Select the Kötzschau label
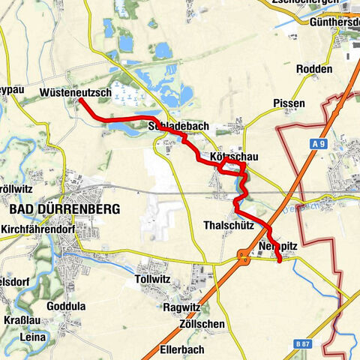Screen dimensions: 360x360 coord(234,157)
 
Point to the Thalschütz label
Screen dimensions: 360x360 coord(225,225)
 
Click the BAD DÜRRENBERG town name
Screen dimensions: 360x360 coord(64,209)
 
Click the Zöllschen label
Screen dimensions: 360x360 coord(202,324)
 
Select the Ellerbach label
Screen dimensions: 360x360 coord(182,349)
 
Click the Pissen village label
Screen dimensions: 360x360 coord(289,102)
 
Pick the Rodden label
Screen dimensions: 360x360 coord(314,69)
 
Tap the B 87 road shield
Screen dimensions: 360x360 coord(300,343)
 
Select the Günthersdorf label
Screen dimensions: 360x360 coord(334,23)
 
